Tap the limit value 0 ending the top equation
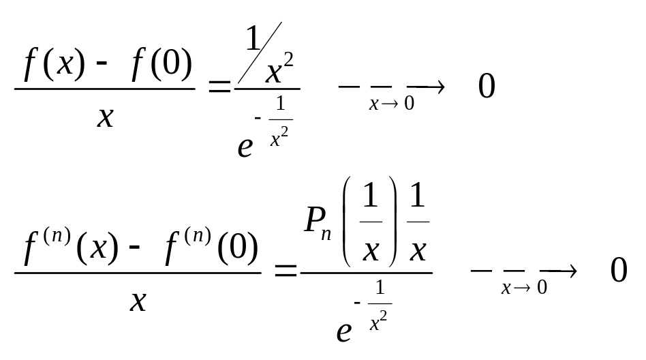coord(487,87)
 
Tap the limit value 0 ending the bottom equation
coord(618,271)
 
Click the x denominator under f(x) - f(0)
coord(105,117)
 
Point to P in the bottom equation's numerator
coord(314,220)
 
